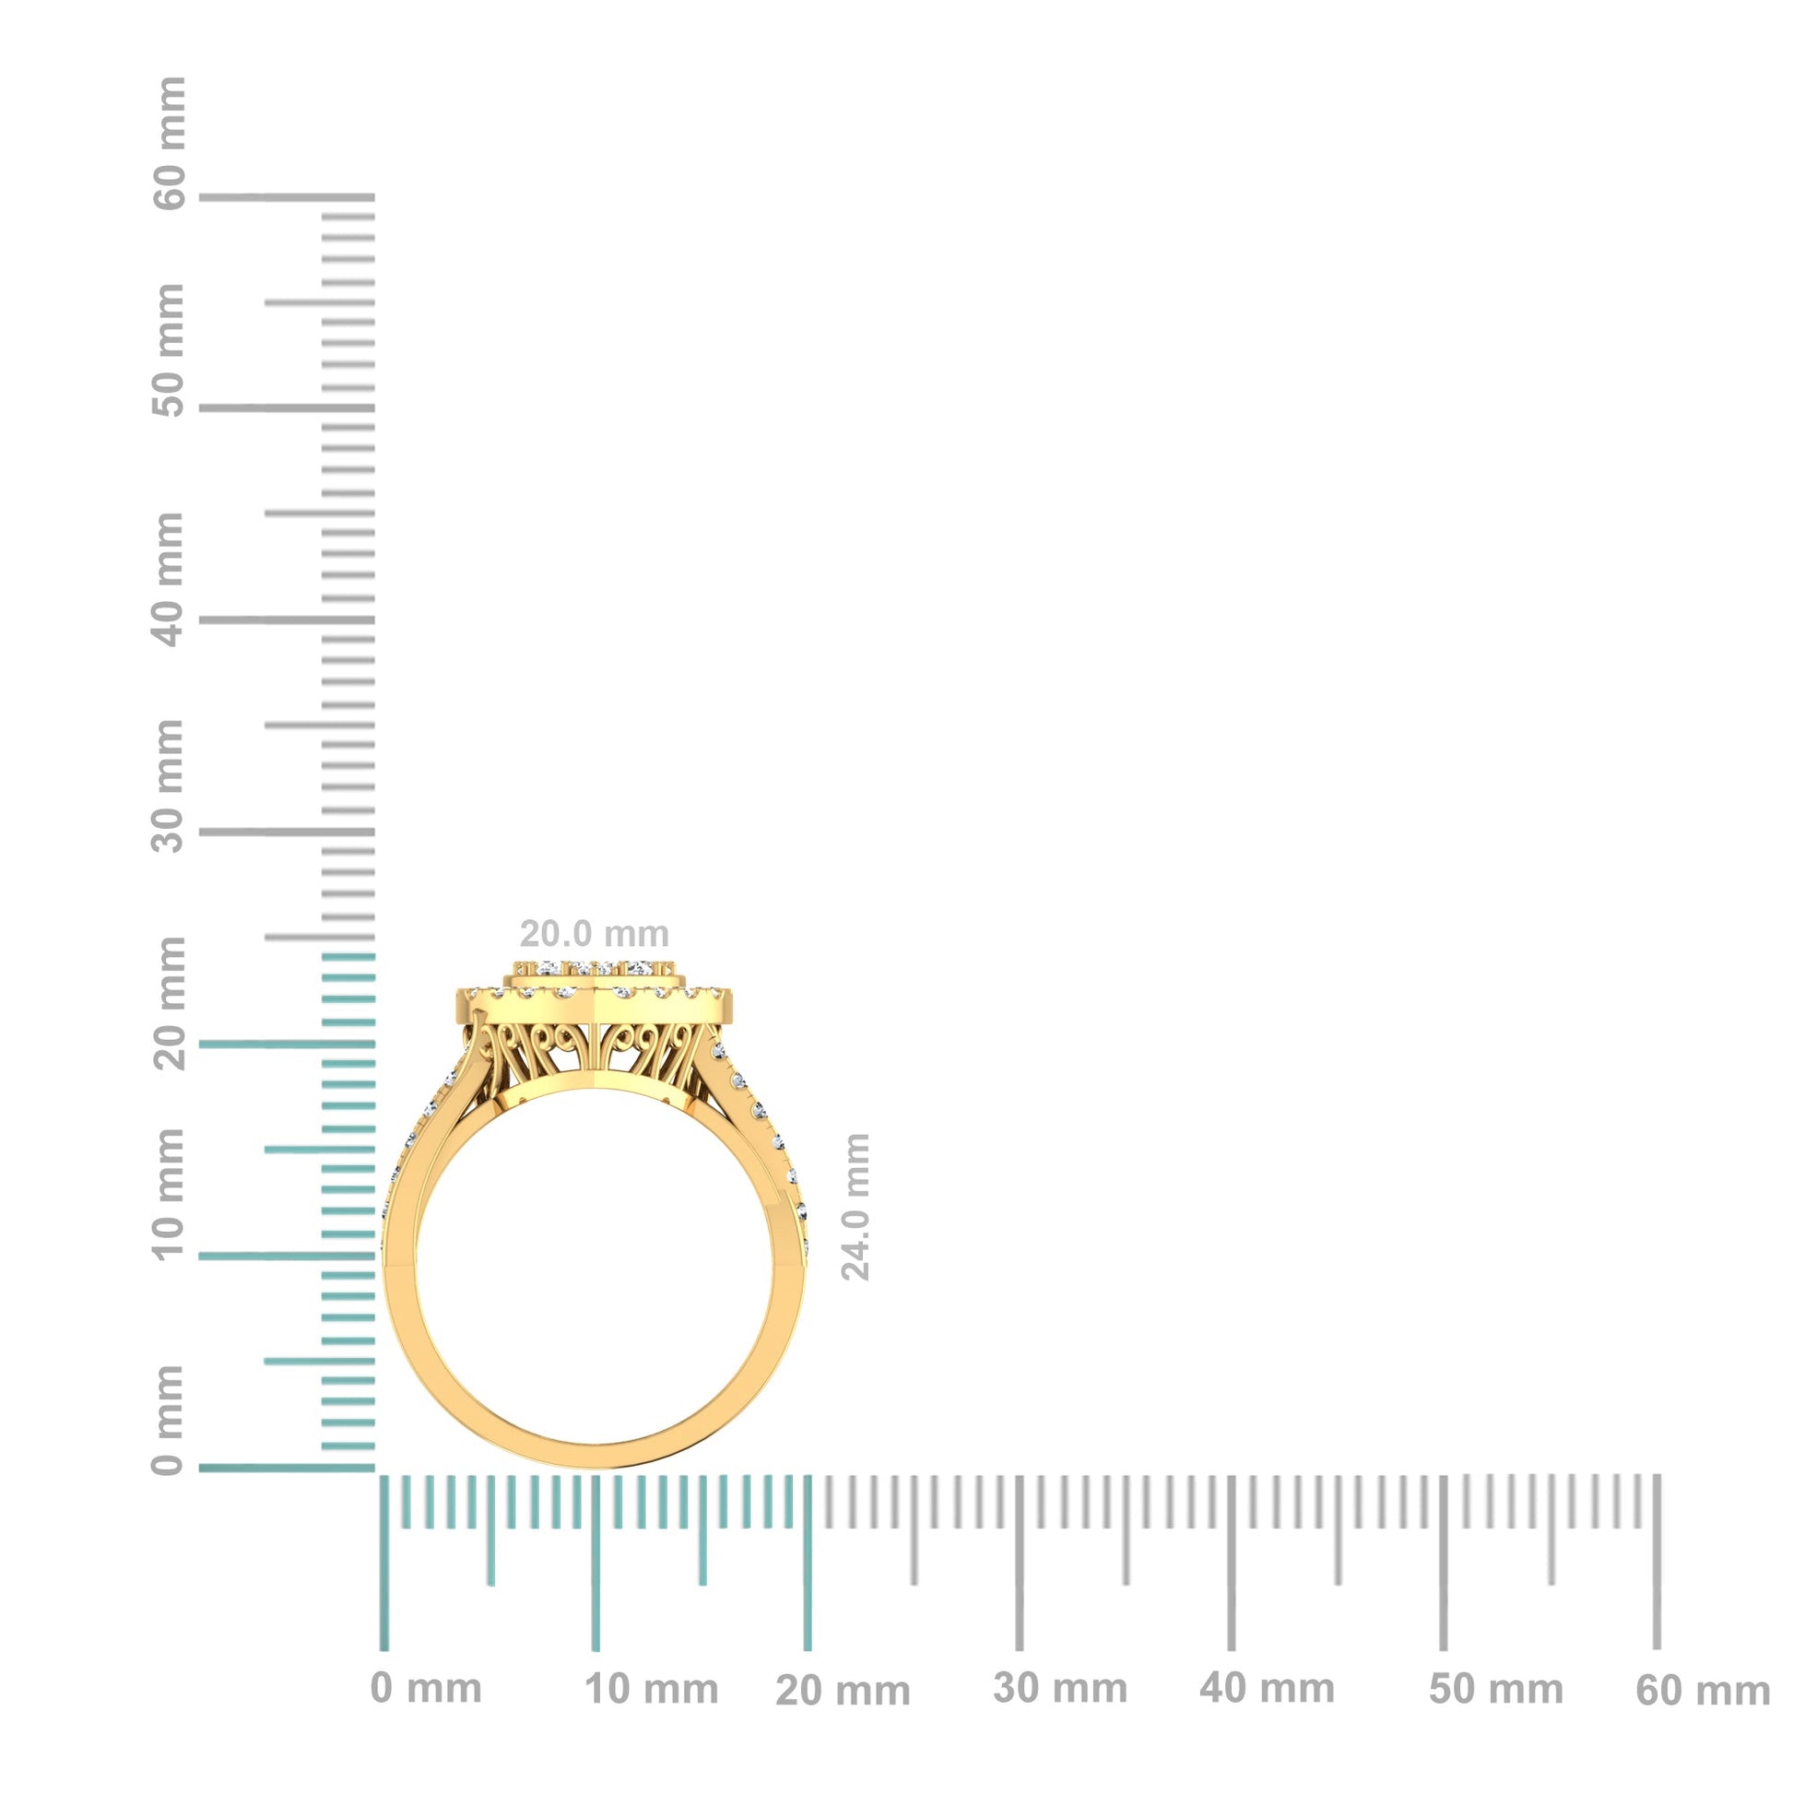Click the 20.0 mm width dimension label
594,933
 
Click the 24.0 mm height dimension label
856,1207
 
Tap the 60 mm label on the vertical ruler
169,144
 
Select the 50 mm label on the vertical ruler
169,351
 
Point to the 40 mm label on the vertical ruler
169,580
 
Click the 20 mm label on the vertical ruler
169,1003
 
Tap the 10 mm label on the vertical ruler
169,1193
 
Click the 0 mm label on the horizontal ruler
426,1689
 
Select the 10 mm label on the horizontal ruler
652,1690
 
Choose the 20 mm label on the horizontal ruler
844,1692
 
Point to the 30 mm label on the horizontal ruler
1060,1689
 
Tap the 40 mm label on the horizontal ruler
1267,1689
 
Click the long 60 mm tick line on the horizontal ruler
1657,1569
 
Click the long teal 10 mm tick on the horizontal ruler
596,1569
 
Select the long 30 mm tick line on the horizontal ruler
1020,1569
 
